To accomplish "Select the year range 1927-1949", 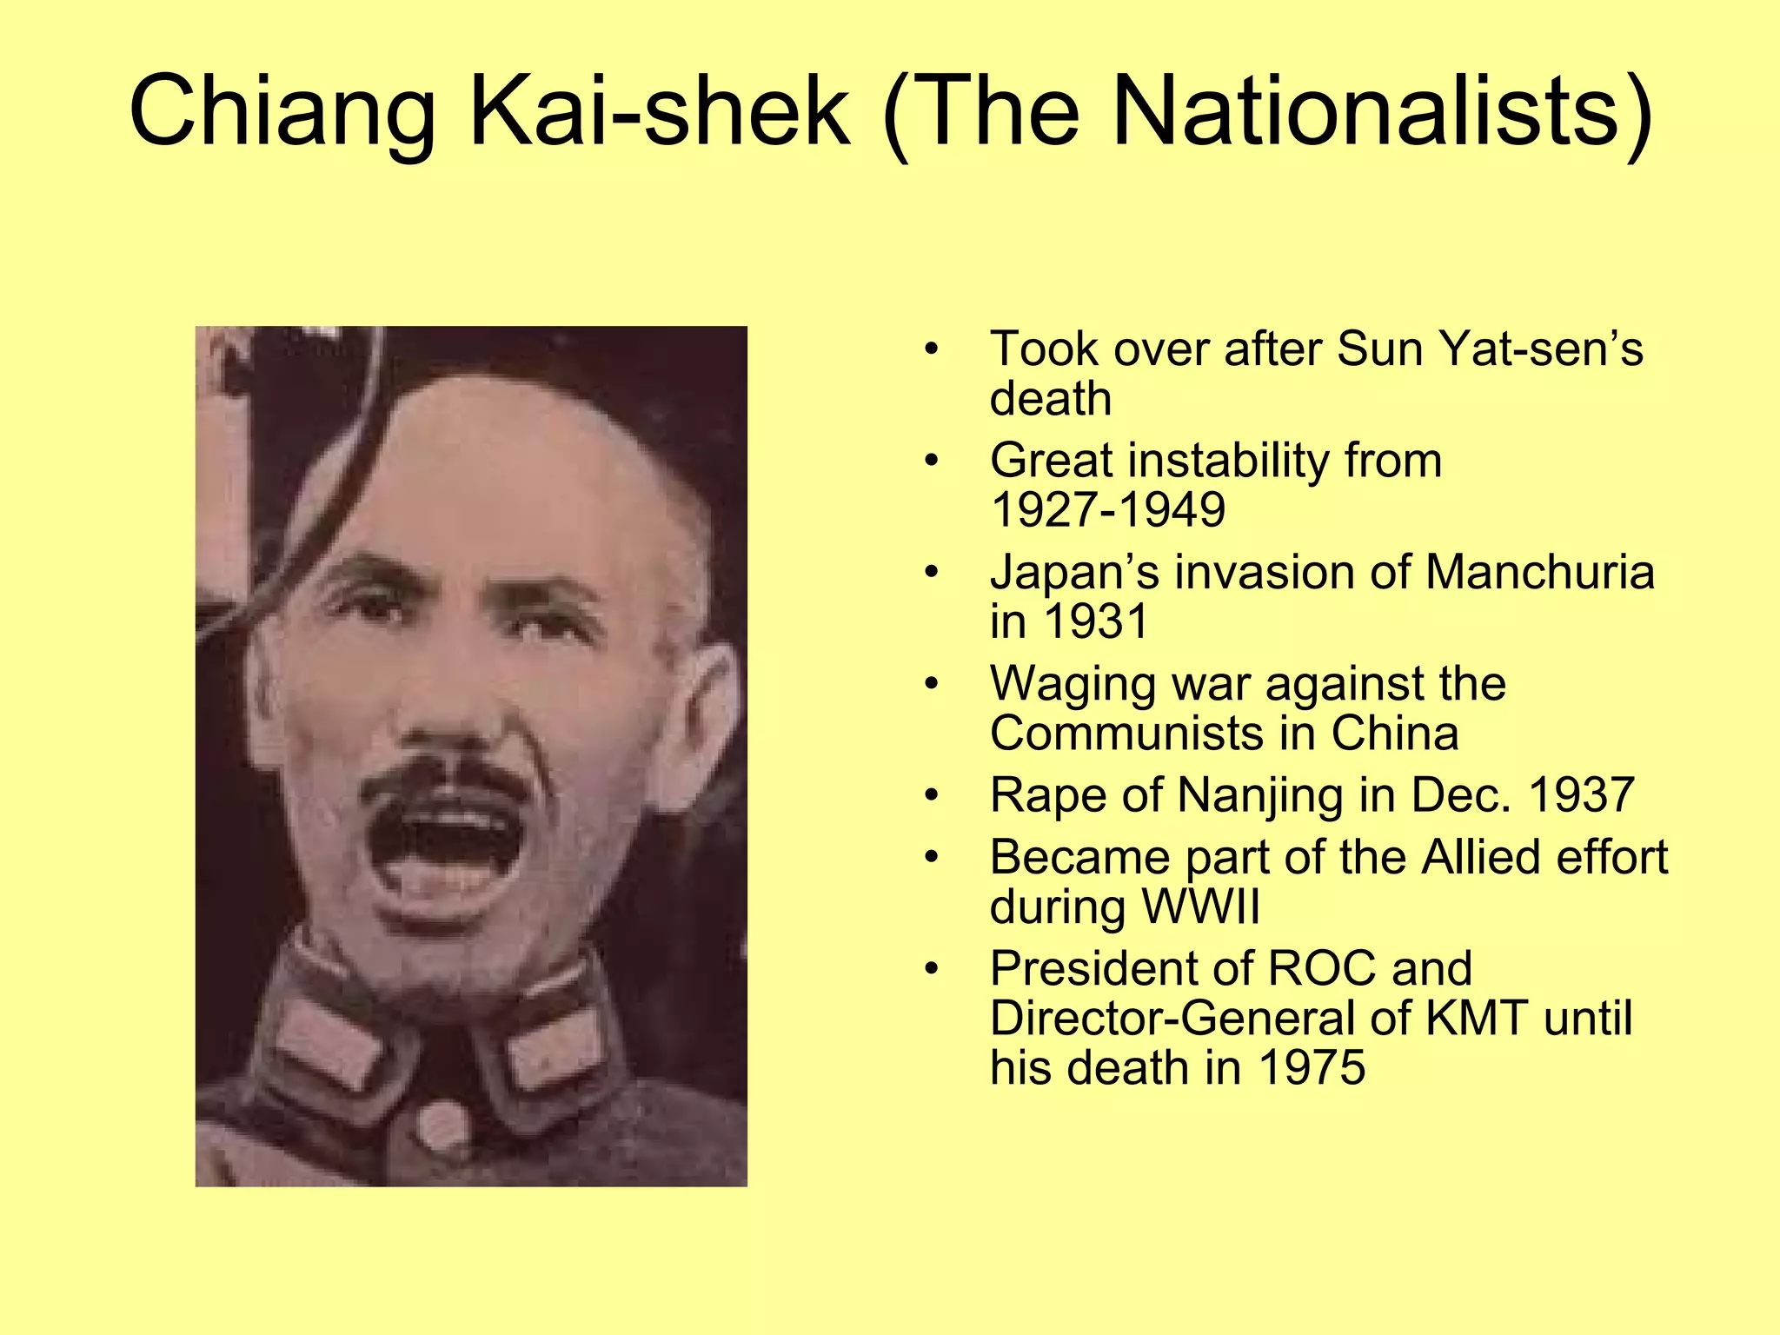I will [x=1108, y=510].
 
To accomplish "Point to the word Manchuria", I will [x=1539, y=573].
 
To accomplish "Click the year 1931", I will [x=1096, y=621].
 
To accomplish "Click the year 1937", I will [x=1580, y=795].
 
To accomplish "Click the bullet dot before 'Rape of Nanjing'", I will [x=932, y=796].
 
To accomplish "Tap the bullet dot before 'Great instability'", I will [x=932, y=461].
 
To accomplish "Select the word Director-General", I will [x=1173, y=1019].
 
